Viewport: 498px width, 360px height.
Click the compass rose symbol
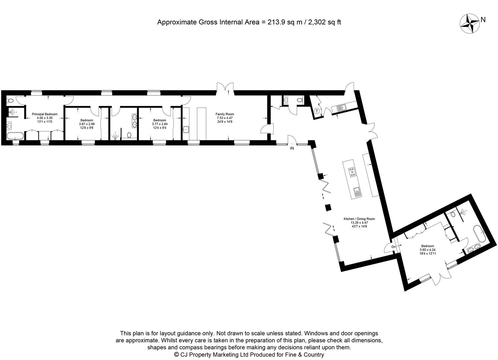pyautogui.click(x=469, y=24)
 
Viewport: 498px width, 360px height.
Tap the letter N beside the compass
pyautogui.click(x=483, y=20)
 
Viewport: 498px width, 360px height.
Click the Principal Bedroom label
pyautogui.click(x=44, y=114)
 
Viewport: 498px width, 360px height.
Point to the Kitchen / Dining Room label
pyautogui.click(x=359, y=219)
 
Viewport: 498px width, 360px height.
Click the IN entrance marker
pyautogui.click(x=292, y=148)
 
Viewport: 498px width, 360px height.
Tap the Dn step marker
pyautogui.click(x=394, y=247)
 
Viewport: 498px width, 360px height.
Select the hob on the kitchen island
pyautogui.click(x=352, y=172)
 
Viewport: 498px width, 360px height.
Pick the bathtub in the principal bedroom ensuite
pyautogui.click(x=15, y=136)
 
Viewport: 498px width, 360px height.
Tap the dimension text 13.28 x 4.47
pyautogui.click(x=359, y=223)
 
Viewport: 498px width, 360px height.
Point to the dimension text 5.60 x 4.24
pyautogui.click(x=428, y=250)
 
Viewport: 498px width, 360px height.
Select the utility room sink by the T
pyautogui.click(x=341, y=107)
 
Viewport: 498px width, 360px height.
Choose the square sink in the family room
pyautogui.click(x=186, y=129)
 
